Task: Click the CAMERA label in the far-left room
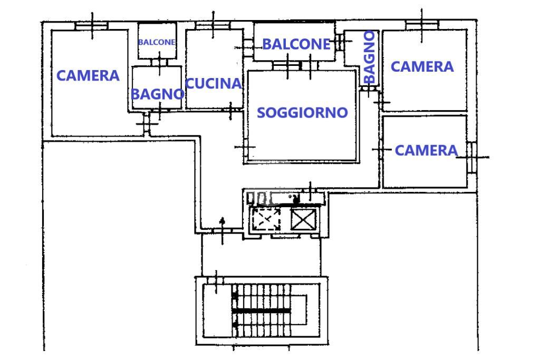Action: (88, 76)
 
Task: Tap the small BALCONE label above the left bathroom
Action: (157, 42)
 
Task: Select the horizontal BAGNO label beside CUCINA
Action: (157, 94)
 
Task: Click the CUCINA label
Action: (214, 83)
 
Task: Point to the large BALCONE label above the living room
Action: (296, 44)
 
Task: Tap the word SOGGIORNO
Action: (302, 112)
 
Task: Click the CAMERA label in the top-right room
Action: (422, 66)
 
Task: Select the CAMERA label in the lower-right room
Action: (426, 151)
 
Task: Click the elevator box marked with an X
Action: (303, 219)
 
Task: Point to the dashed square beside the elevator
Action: (266, 219)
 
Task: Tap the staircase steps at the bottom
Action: (262, 310)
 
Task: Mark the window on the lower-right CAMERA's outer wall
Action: (471, 157)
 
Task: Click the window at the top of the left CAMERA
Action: (91, 26)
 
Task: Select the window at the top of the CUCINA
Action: (213, 25)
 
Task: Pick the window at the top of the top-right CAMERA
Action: (422, 25)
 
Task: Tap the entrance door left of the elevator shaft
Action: (222, 230)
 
